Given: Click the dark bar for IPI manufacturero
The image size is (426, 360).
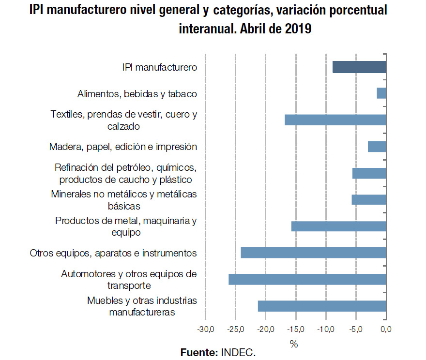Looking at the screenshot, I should [x=359, y=67].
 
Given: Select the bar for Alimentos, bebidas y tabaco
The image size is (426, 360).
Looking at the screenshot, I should [x=381, y=93].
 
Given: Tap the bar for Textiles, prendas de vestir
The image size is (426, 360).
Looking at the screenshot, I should [x=335, y=120].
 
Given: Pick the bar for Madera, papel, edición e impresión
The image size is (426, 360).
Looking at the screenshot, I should [x=377, y=147].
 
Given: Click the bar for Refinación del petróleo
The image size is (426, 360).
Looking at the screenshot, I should [x=369, y=173].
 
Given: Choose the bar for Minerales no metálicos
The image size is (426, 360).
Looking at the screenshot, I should [x=368, y=200].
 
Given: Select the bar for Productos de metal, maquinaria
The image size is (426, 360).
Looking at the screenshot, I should [x=338, y=226].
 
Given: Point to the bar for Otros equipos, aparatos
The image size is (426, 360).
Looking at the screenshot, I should [x=313, y=253].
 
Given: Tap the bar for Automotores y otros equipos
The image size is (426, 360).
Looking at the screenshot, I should [x=307, y=280].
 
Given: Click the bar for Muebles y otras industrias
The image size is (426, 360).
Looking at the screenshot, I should [x=322, y=306].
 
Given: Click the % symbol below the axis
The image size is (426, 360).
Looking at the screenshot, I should [x=294, y=344].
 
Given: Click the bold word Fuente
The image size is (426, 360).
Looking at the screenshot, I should [x=199, y=353].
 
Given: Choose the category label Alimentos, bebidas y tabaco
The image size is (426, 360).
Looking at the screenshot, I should [x=137, y=94].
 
